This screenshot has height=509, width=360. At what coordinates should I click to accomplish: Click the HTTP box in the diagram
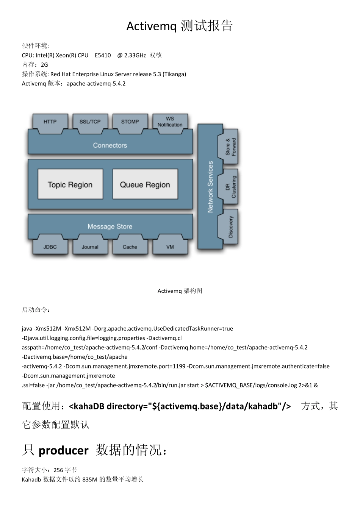[x=50, y=122]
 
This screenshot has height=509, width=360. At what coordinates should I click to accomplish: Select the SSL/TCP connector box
[x=90, y=122]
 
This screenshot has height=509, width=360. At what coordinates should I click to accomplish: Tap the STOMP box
[x=130, y=122]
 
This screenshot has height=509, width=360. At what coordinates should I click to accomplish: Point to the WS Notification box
[x=170, y=122]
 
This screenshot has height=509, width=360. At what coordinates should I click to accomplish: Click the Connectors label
[x=110, y=145]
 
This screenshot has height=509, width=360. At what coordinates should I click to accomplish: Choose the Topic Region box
[x=70, y=184]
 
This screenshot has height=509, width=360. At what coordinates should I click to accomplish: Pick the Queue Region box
[x=145, y=184]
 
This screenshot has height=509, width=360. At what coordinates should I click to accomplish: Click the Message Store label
[x=110, y=226]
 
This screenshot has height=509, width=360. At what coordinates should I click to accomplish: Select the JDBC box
[x=50, y=247]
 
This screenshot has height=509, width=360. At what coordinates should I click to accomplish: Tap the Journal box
[x=90, y=247]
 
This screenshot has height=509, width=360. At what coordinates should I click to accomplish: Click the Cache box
[x=130, y=247]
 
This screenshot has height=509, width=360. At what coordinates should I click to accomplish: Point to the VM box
[x=170, y=247]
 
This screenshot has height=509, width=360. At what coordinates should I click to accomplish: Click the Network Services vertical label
[x=210, y=186]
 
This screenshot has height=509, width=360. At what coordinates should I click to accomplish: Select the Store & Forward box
[x=230, y=147]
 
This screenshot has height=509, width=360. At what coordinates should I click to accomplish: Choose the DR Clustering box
[x=230, y=187]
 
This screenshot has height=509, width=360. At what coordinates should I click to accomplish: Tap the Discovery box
[x=230, y=227]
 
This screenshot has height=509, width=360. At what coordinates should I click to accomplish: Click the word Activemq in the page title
[x=152, y=26]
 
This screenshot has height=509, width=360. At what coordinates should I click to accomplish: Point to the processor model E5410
[x=103, y=55]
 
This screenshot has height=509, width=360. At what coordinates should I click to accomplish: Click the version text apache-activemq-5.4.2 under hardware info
[x=96, y=84]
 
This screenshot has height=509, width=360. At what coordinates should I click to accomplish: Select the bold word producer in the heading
[x=64, y=450]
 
